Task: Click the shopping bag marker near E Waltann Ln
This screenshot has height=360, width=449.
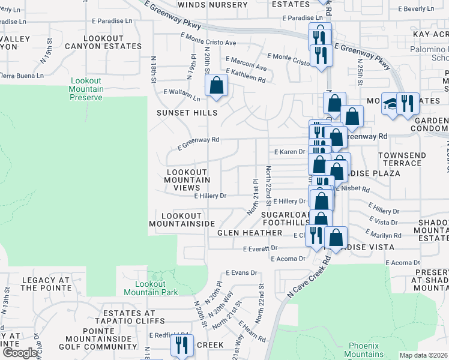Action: [216, 85]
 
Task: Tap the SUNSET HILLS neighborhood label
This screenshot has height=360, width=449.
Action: [187, 112]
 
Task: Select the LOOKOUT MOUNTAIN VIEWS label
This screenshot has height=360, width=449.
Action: [187, 179]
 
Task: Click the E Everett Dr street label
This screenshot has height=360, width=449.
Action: [261, 247]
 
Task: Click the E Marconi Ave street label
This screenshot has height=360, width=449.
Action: [246, 62]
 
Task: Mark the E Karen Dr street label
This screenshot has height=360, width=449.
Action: [289, 152]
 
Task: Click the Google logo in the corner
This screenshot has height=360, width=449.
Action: [20, 353]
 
